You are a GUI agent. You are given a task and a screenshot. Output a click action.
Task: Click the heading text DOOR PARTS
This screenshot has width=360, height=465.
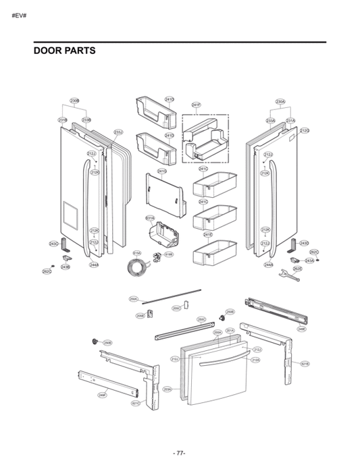point(64,51)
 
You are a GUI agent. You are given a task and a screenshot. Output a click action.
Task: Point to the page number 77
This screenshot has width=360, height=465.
point(180,452)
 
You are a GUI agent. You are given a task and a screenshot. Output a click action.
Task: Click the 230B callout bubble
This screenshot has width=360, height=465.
point(75,101)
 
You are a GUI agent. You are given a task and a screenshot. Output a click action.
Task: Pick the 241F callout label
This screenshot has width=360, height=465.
point(196,105)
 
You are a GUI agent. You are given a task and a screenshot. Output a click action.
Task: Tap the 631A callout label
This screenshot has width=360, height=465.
point(150,218)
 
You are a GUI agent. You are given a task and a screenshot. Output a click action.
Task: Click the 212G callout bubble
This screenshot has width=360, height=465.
point(305,130)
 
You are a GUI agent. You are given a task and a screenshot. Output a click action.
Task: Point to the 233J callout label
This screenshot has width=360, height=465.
point(118,132)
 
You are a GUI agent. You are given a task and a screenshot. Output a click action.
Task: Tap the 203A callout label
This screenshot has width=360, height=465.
point(167,389)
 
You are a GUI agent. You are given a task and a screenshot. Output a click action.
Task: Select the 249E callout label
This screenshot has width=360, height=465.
point(301,329)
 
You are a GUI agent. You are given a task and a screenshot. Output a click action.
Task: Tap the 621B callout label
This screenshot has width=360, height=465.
point(305,364)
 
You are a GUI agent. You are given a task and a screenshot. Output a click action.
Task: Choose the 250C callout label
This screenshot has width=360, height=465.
point(201,319)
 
